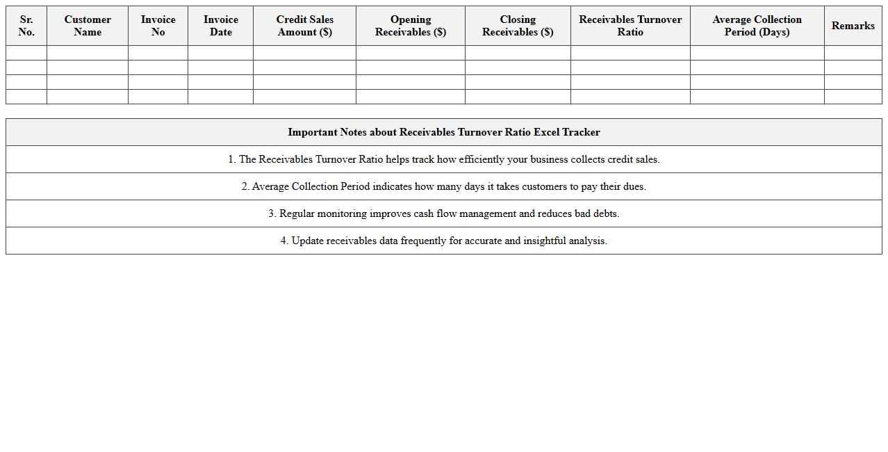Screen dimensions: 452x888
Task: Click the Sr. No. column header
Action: pos(26,26)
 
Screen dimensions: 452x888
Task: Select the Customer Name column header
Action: pos(88,26)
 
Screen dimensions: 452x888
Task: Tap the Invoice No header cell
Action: pos(158,26)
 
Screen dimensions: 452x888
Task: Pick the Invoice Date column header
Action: pos(220,26)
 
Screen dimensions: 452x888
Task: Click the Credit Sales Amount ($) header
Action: pos(304,26)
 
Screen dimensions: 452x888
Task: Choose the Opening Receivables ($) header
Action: pos(410,26)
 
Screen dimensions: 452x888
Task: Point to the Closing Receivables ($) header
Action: pos(518,26)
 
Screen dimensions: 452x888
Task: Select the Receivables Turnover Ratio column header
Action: pos(630,26)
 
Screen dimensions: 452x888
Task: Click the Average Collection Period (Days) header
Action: pos(757,26)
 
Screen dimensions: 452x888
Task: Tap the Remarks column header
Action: pos(853,26)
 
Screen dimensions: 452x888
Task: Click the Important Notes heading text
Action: pos(444,132)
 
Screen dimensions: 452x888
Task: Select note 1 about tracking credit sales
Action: pos(444,159)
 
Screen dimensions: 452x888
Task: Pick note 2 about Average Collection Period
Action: pos(444,186)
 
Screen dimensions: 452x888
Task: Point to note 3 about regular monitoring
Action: pos(444,213)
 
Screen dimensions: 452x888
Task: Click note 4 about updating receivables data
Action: pos(444,241)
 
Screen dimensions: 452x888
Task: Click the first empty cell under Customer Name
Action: pos(88,53)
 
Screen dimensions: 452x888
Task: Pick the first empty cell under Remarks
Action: pos(853,53)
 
